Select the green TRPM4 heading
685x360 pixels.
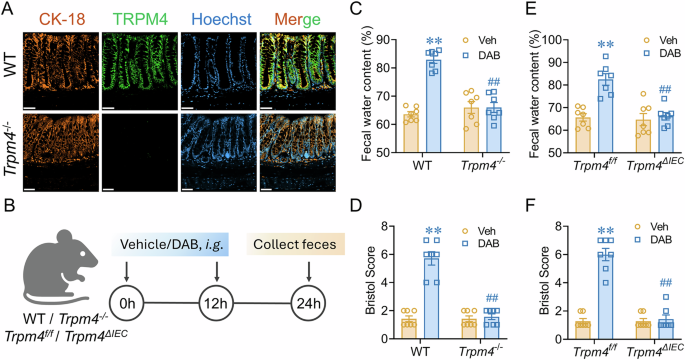[x=130, y=14]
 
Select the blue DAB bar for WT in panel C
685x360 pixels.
[x=404, y=100]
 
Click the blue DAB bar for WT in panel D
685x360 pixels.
[x=404, y=290]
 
